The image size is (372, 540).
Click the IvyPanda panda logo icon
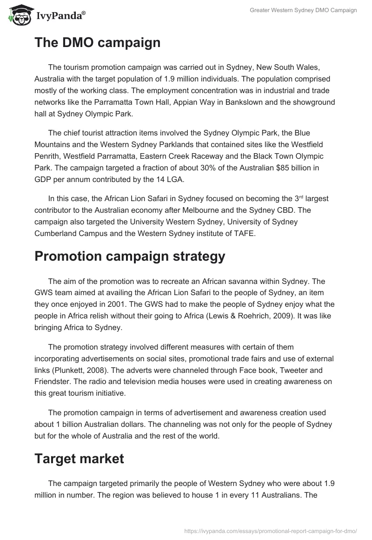pyautogui.click(x=18, y=15)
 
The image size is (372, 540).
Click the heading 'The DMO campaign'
pyautogui.click(x=97, y=43)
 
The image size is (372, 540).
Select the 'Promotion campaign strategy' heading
pyautogui.click(x=130, y=256)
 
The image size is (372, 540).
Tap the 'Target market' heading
pyautogui.click(x=79, y=459)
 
